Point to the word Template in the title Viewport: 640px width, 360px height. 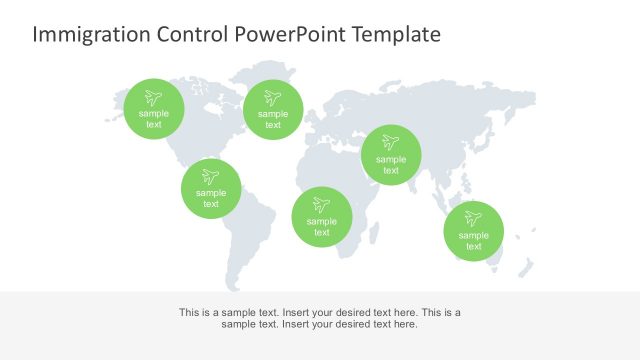398,35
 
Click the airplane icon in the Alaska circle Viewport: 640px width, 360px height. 154,98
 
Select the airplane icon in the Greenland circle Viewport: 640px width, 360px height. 273,98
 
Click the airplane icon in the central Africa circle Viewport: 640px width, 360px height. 321,205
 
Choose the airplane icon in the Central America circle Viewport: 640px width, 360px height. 211,177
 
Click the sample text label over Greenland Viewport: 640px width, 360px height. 273,120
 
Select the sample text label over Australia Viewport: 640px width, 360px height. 474,241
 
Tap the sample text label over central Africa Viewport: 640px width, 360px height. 321,227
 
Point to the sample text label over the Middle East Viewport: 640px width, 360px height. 391,165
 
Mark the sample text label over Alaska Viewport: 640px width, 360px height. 154,119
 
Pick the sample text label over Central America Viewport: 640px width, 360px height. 211,198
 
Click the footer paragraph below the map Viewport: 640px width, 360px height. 320,318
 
